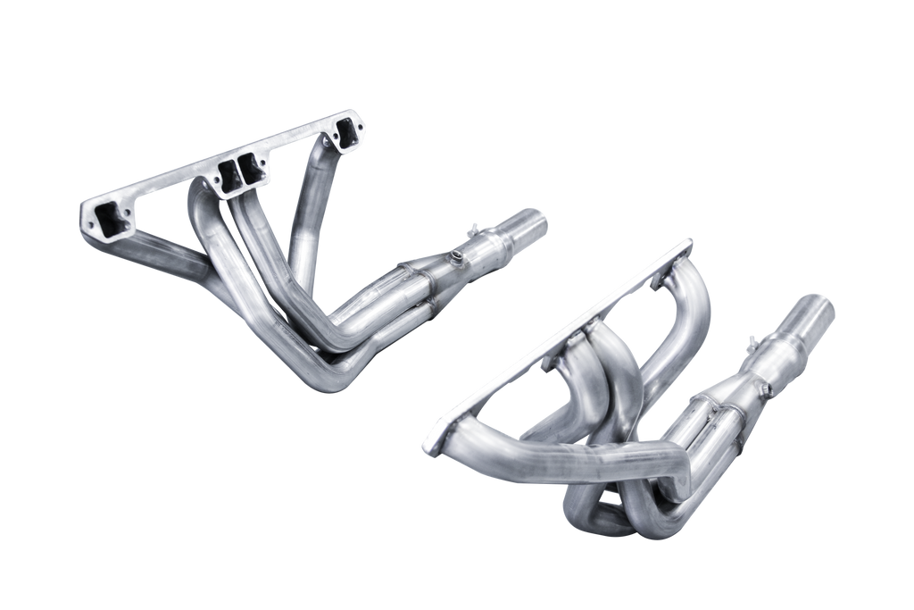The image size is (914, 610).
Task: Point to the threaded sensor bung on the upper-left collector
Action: pyautogui.click(x=459, y=259)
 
